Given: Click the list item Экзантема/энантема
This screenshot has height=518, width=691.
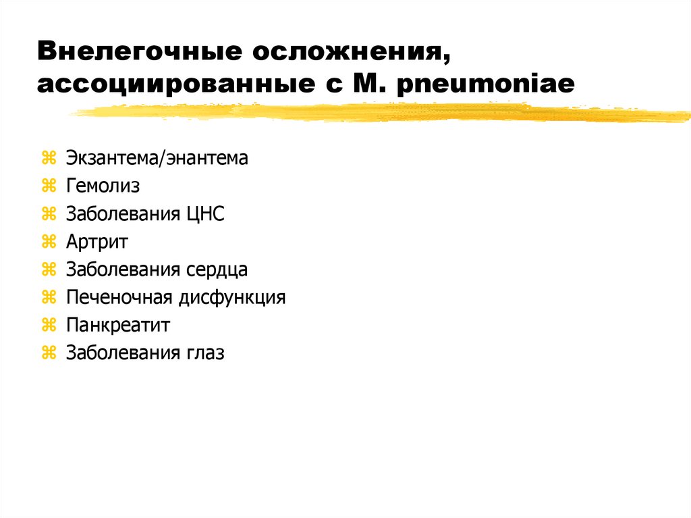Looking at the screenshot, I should coord(157,159).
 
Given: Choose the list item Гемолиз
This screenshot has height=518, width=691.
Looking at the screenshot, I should coord(103,186).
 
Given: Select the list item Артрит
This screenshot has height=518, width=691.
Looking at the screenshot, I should coord(97,242).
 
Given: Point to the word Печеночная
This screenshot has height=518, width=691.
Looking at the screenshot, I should coord(120,298).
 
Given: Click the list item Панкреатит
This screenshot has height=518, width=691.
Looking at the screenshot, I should coord(118,326).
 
